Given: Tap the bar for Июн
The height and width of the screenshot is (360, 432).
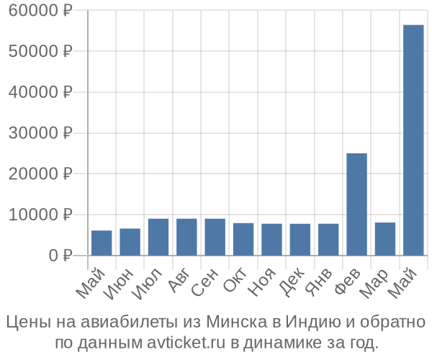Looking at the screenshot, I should (130, 242).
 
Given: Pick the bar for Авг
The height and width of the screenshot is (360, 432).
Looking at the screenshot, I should (186, 237).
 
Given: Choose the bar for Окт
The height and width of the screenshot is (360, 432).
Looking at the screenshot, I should (243, 239).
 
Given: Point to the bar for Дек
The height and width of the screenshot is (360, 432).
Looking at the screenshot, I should (300, 239).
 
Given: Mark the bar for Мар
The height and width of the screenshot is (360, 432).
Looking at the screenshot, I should (385, 239).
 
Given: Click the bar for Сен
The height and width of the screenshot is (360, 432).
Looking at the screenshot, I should (215, 237).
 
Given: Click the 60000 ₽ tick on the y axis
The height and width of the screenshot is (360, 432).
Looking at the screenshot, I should (41, 11).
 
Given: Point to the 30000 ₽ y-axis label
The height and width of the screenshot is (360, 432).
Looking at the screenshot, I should (41, 133).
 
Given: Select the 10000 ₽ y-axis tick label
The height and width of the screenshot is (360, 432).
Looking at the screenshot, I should (41, 215).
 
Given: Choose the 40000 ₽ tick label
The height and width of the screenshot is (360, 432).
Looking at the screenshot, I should (41, 92).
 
